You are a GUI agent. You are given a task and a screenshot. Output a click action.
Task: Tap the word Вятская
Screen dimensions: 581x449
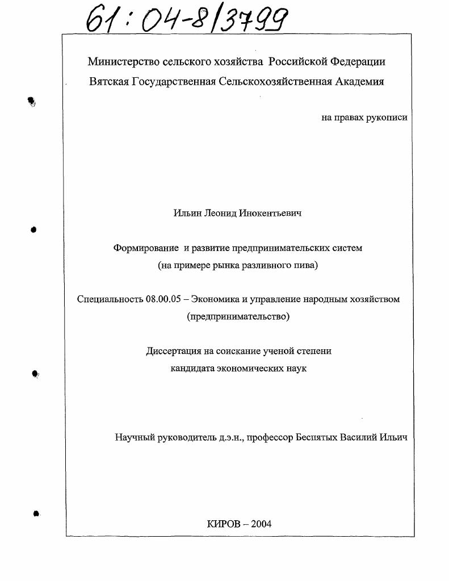(x=109, y=81)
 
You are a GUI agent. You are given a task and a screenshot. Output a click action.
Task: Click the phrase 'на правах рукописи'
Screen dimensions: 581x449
(x=364, y=118)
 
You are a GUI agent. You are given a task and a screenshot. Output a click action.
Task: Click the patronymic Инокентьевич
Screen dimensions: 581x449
(x=269, y=214)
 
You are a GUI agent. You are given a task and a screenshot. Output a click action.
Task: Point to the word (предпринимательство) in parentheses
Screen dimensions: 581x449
(x=238, y=317)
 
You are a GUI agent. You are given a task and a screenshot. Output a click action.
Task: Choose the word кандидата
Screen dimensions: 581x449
(x=192, y=369)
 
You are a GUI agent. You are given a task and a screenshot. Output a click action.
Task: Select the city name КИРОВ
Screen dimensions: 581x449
(x=223, y=524)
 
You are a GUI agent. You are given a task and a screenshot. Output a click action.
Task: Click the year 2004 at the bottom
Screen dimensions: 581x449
(x=260, y=524)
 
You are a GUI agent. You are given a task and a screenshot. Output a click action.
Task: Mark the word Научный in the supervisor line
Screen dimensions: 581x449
(x=135, y=437)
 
